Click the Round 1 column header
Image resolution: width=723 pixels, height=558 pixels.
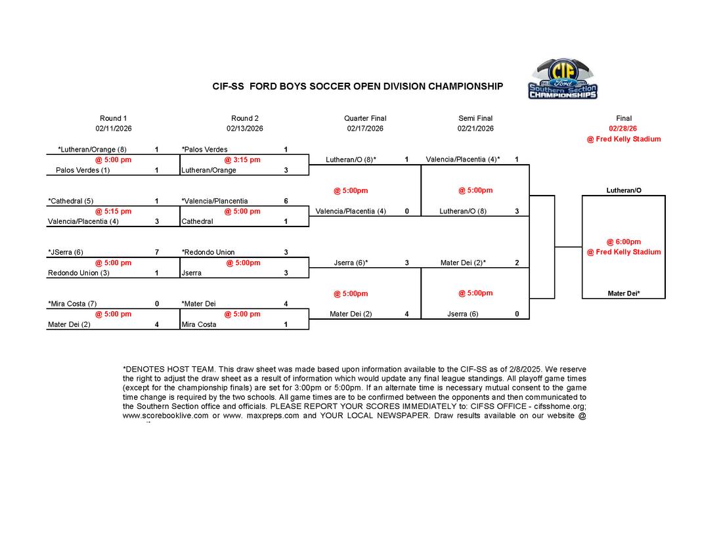click(114, 118)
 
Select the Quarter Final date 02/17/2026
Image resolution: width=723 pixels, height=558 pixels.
click(365, 129)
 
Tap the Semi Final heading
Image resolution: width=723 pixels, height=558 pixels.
click(475, 118)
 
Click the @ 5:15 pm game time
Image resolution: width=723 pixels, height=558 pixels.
click(114, 211)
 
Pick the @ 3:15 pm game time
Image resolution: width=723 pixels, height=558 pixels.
click(242, 160)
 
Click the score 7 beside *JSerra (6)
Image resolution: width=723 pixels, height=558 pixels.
click(156, 252)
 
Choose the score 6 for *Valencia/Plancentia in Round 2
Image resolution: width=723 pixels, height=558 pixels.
click(286, 201)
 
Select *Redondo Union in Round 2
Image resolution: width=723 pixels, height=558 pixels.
click(208, 252)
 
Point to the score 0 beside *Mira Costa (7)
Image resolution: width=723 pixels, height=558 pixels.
click(156, 304)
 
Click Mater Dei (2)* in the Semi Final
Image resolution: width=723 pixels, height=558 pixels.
click(464, 263)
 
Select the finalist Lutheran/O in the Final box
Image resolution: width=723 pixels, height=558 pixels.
click(624, 190)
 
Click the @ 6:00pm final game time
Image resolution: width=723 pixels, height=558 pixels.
click(624, 242)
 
